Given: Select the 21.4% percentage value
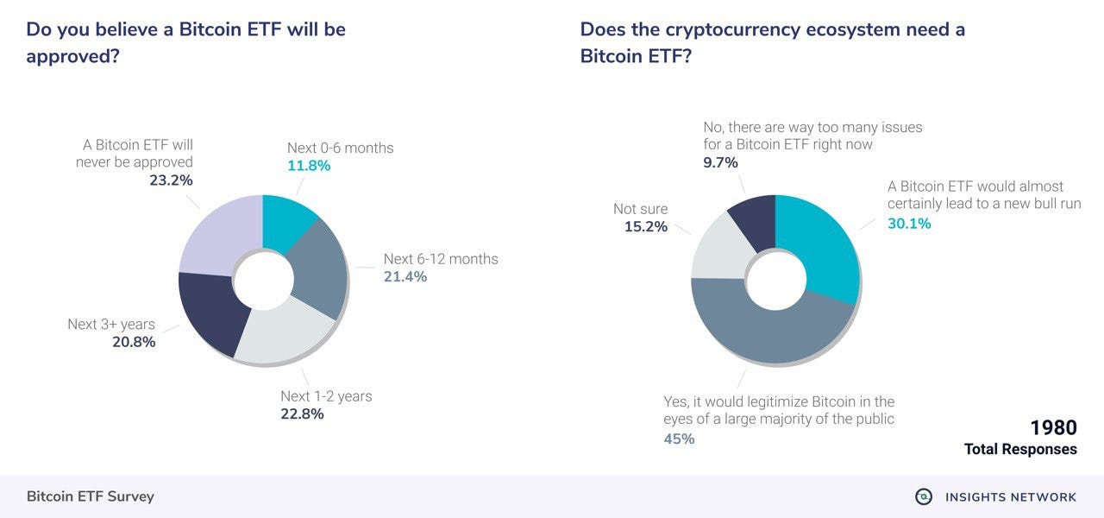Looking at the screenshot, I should [x=405, y=277].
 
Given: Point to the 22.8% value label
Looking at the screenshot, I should [x=302, y=414].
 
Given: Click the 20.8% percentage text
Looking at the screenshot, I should [x=134, y=343].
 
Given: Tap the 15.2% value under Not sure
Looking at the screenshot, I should [x=646, y=227].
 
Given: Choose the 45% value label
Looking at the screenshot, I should [x=679, y=439].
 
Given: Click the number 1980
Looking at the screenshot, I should [x=1053, y=428].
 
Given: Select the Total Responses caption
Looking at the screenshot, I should [x=1020, y=450].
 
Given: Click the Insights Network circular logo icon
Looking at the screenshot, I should [x=924, y=496].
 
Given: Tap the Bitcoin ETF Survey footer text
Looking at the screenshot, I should [x=91, y=496].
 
